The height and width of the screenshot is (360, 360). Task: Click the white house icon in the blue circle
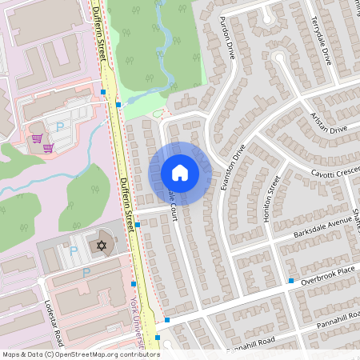[x=180, y=173]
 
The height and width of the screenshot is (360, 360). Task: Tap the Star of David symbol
[x=102, y=243]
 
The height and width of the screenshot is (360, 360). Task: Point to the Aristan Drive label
[x=328, y=122]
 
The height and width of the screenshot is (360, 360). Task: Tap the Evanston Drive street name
[x=232, y=165]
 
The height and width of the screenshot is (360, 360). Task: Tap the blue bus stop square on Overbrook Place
[x=291, y=281]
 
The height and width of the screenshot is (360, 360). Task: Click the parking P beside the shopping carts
[x=60, y=126]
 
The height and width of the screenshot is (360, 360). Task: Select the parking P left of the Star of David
[x=74, y=250]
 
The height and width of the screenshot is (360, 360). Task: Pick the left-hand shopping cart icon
[x=37, y=138]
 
